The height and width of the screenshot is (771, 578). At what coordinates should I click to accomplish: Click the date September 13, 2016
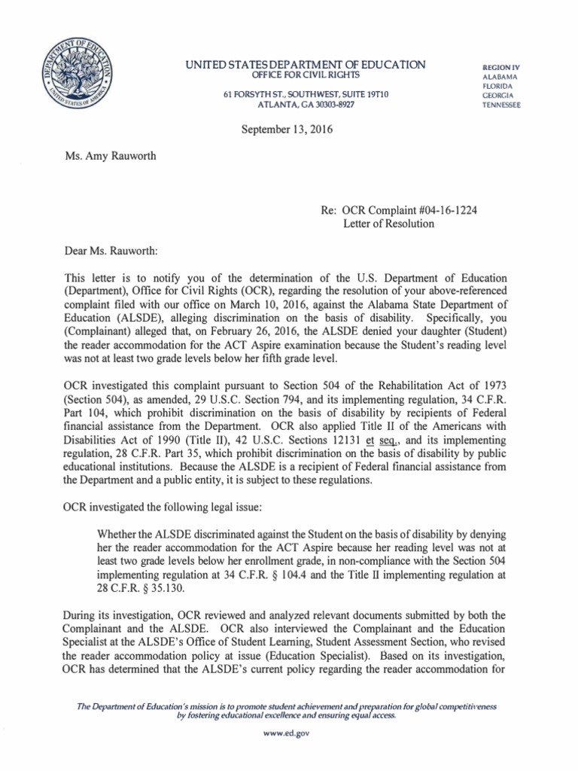coord(287,130)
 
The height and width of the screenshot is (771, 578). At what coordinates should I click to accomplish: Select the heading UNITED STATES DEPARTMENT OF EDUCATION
coord(306,66)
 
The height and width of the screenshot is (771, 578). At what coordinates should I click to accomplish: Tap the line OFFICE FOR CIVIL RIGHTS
coord(305,76)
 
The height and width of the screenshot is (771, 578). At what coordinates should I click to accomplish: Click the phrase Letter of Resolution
coord(389,223)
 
